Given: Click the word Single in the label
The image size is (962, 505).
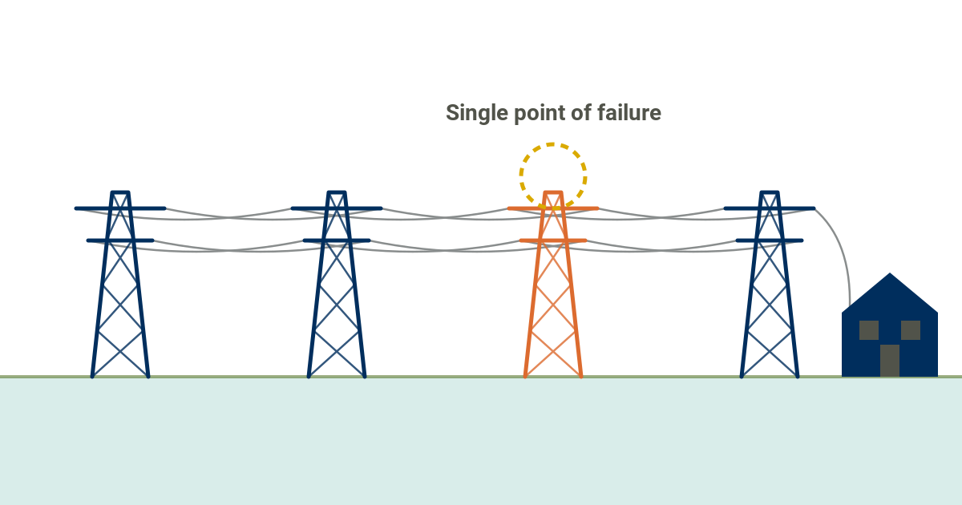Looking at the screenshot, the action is [477, 114].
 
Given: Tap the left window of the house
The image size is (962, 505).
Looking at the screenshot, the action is [869, 330].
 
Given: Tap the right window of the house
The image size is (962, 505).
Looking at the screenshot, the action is [911, 330].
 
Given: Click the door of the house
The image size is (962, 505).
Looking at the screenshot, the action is [890, 361].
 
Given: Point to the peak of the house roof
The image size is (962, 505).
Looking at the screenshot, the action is [890, 273].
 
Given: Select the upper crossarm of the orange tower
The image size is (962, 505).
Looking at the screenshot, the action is [553, 208].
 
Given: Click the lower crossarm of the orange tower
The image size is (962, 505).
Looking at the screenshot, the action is [553, 241].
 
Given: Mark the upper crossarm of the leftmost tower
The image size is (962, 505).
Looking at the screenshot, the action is [120, 208].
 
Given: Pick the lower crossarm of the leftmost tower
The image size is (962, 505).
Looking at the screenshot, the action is [120, 241].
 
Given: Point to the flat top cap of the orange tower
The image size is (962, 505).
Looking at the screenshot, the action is [553, 192].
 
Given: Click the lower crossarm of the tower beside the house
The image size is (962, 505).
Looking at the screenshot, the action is [770, 241].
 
